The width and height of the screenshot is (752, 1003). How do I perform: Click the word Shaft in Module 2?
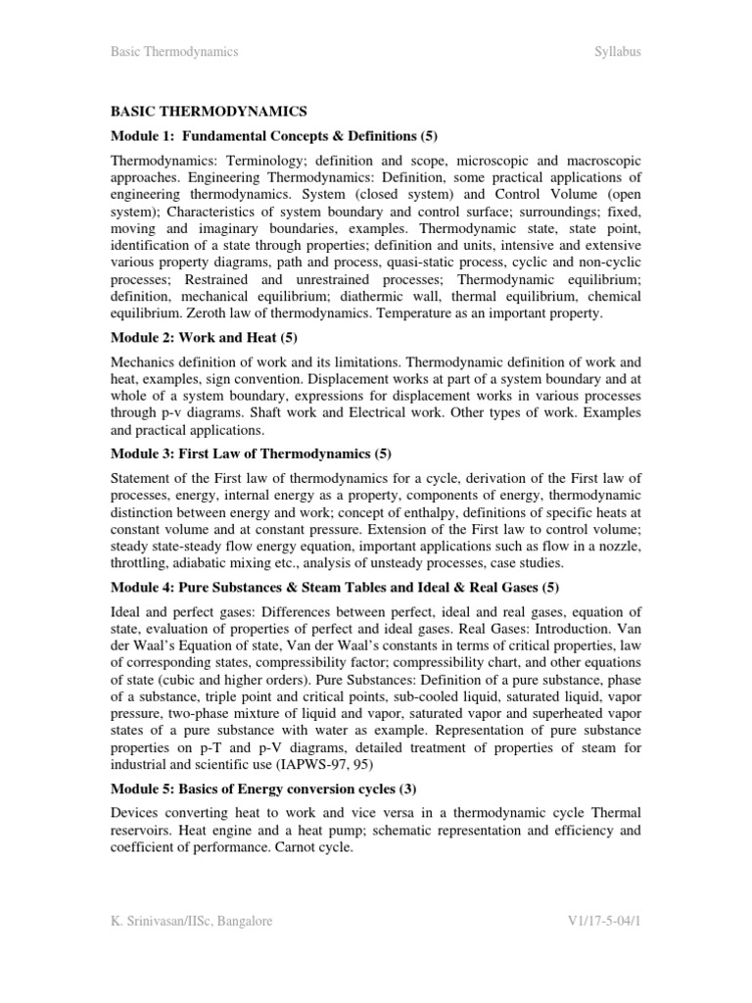(x=275, y=412)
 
